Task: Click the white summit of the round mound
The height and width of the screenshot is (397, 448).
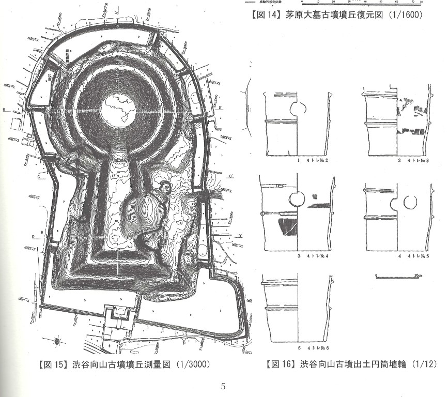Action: (119, 109)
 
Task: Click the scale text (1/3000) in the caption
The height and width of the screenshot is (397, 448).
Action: (192, 364)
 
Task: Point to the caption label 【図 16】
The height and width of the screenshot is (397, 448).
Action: (281, 364)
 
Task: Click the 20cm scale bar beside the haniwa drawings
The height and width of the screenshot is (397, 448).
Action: (398, 277)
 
